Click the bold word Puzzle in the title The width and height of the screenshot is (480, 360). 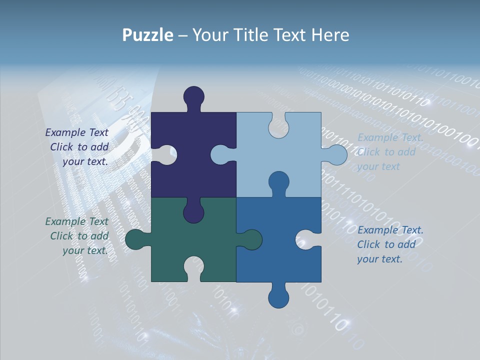pyautogui.click(x=147, y=35)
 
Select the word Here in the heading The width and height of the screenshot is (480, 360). pyautogui.click(x=330, y=35)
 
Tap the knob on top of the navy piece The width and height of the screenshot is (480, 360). pyautogui.click(x=193, y=96)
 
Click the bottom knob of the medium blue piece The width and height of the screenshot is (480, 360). pyautogui.click(x=278, y=298)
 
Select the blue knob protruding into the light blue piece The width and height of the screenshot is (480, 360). pyautogui.click(x=278, y=181)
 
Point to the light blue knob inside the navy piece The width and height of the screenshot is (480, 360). pyautogui.click(x=220, y=154)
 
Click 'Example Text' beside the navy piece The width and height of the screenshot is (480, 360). pyautogui.click(x=76, y=132)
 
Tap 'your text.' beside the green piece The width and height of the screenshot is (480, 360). pyautogui.click(x=85, y=250)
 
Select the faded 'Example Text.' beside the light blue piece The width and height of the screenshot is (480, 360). pyautogui.click(x=390, y=137)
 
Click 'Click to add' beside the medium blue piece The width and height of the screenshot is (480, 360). pyautogui.click(x=386, y=244)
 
